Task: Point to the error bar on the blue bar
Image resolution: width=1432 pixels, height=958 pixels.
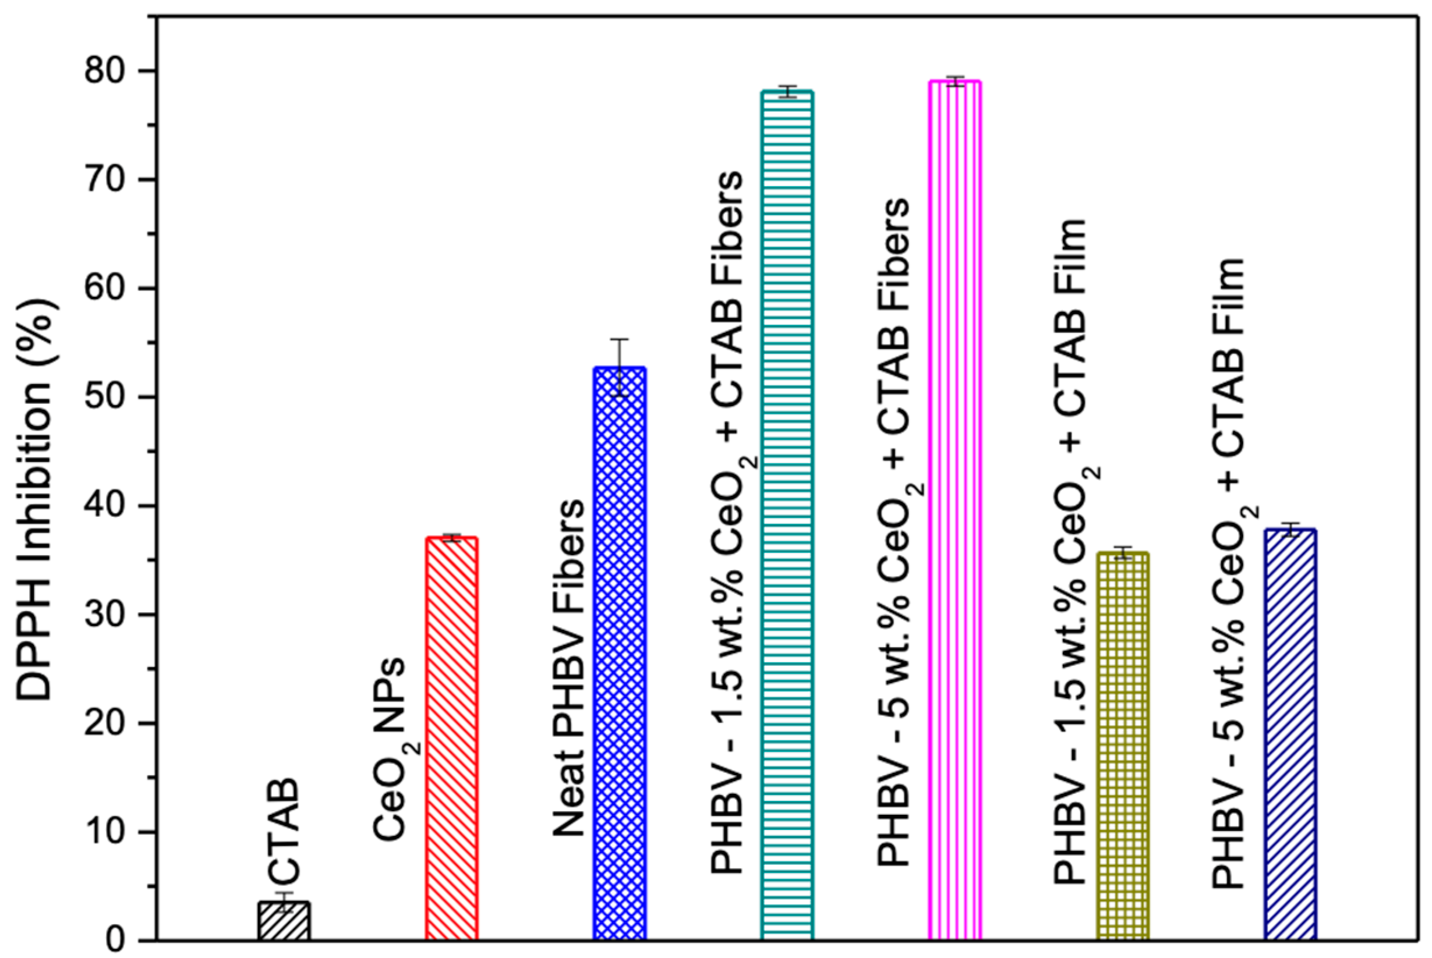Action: [x=619, y=367]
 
